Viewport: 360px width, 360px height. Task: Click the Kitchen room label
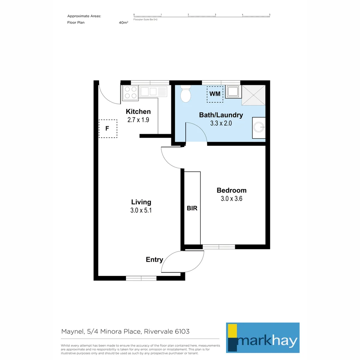pos(138,112)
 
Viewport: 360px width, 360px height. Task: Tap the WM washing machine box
pos(215,94)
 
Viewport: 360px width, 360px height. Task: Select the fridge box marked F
pos(108,128)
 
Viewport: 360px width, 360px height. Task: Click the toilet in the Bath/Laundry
pos(185,94)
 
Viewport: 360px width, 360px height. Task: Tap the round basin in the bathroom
pos(259,127)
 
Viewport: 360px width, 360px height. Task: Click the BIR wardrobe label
pos(192,208)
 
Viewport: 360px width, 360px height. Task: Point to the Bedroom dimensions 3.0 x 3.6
pos(231,199)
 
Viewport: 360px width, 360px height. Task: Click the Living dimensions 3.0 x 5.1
pos(141,210)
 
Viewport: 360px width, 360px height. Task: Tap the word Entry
pos(154,260)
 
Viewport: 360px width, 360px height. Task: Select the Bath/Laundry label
pos(221,115)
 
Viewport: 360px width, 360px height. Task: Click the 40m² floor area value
pos(123,23)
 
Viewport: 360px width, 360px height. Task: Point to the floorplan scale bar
pos(202,16)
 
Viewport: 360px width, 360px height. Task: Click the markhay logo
pos(263,337)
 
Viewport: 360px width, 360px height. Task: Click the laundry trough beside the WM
pos(234,91)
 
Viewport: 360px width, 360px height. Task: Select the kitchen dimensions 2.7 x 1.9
pos(138,120)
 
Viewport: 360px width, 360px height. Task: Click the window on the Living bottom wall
pos(141,278)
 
